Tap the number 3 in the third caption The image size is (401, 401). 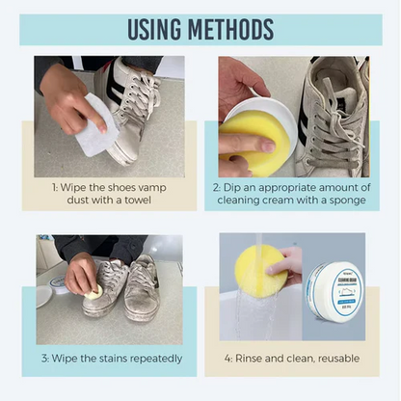click(x=44, y=359)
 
